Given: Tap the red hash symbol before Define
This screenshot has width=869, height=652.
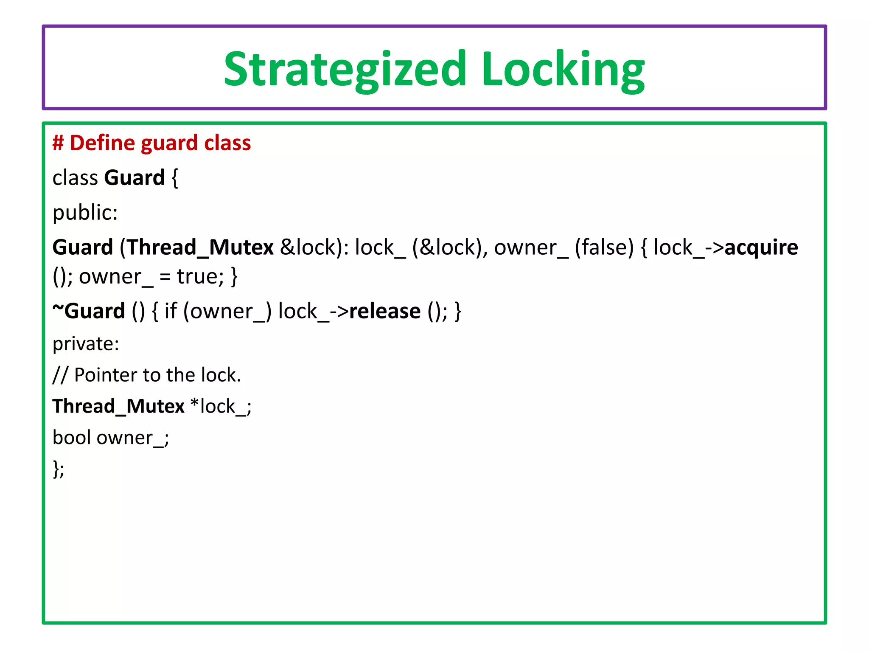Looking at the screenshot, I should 58,143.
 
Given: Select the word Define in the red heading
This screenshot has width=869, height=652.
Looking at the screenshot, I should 102,143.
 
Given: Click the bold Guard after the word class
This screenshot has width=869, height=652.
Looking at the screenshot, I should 135,178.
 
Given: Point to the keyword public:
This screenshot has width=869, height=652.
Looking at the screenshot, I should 85,213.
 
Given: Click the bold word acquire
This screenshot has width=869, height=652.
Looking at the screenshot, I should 761,247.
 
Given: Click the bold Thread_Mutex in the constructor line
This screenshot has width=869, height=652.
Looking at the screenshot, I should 200,247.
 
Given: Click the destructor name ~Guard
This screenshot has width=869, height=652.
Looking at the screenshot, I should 89,311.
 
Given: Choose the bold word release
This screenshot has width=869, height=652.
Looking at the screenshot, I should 385,311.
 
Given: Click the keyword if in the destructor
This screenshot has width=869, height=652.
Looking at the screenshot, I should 170,311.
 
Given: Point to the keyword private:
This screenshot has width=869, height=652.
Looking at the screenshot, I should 86,344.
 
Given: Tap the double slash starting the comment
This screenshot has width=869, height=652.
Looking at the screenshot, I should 60,375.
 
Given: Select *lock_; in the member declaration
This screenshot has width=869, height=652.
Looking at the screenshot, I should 221,407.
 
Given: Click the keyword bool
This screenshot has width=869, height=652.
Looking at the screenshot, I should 72,438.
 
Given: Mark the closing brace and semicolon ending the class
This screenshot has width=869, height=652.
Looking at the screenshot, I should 59,469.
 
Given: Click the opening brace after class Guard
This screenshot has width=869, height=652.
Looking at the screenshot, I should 174,178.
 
